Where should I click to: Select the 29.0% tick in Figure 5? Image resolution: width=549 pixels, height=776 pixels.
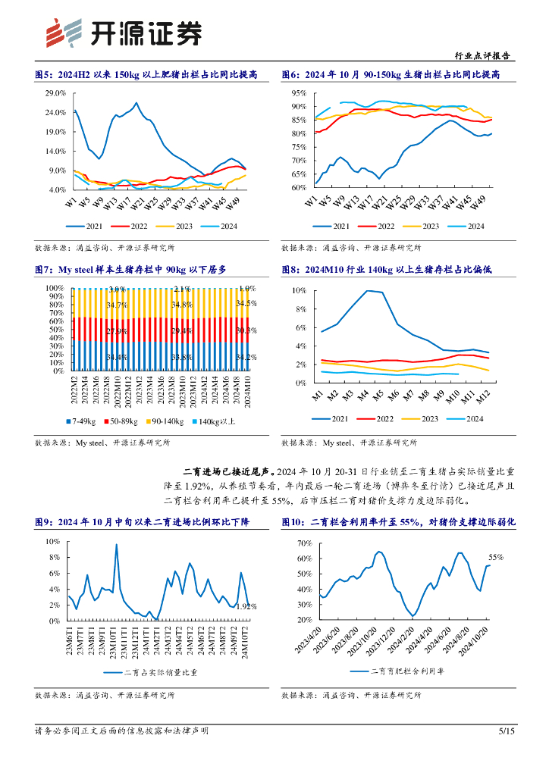pyautogui.click(x=55, y=93)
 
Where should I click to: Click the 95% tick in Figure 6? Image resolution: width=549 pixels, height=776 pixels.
pyautogui.click(x=299, y=93)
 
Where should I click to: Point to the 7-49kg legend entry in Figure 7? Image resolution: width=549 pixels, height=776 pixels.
pyautogui.click(x=79, y=421)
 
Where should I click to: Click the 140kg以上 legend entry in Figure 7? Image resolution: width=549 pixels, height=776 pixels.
pyautogui.click(x=218, y=421)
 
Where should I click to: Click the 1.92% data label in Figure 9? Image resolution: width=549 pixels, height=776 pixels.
pyautogui.click(x=245, y=607)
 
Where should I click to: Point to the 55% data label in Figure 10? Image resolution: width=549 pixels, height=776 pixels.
pyautogui.click(x=496, y=557)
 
